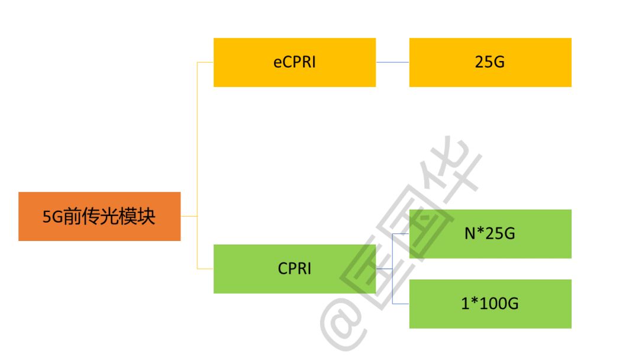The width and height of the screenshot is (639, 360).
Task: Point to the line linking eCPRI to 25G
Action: [x=392, y=63]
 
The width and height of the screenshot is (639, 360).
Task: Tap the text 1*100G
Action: [x=489, y=304]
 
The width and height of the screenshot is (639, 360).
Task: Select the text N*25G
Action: [x=489, y=234]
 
